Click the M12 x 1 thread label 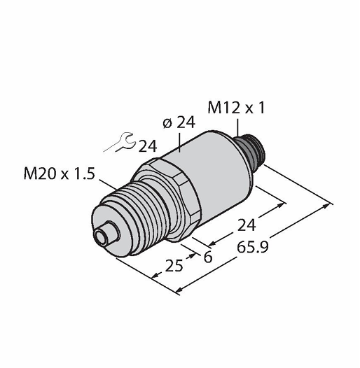tap(236, 108)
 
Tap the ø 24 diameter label tap(179, 122)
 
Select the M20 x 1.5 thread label tap(60, 174)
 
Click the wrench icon tap(120, 142)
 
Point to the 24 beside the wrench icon tap(148, 146)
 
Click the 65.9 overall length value tap(253, 248)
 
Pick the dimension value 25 tap(174, 265)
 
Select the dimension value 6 tap(208, 257)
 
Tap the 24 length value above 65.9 tap(247, 225)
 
